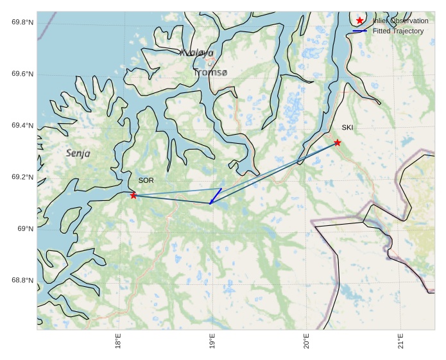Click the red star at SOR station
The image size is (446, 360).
point(133,195)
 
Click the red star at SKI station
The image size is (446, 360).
point(338,142)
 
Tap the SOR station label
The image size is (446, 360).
point(146,180)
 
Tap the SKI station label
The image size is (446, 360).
point(347,127)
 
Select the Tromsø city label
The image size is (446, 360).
point(210,73)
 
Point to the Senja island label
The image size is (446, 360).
point(78,153)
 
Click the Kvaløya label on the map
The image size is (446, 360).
point(196,53)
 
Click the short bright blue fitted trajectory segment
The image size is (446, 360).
point(216,196)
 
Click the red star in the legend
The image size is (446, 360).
point(360,21)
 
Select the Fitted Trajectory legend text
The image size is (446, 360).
point(398,31)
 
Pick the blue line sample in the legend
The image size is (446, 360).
point(360,31)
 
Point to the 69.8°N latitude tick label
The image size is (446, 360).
point(22,22)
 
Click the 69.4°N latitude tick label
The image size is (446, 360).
point(22,126)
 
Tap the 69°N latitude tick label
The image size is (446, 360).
point(25,229)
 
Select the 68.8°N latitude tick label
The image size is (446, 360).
point(22,280)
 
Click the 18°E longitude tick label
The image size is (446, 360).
point(118,341)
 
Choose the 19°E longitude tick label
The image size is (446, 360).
point(212,341)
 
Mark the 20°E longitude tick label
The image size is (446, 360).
point(307,341)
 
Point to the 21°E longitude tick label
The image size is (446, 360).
point(401,341)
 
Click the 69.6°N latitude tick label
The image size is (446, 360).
point(22,74)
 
